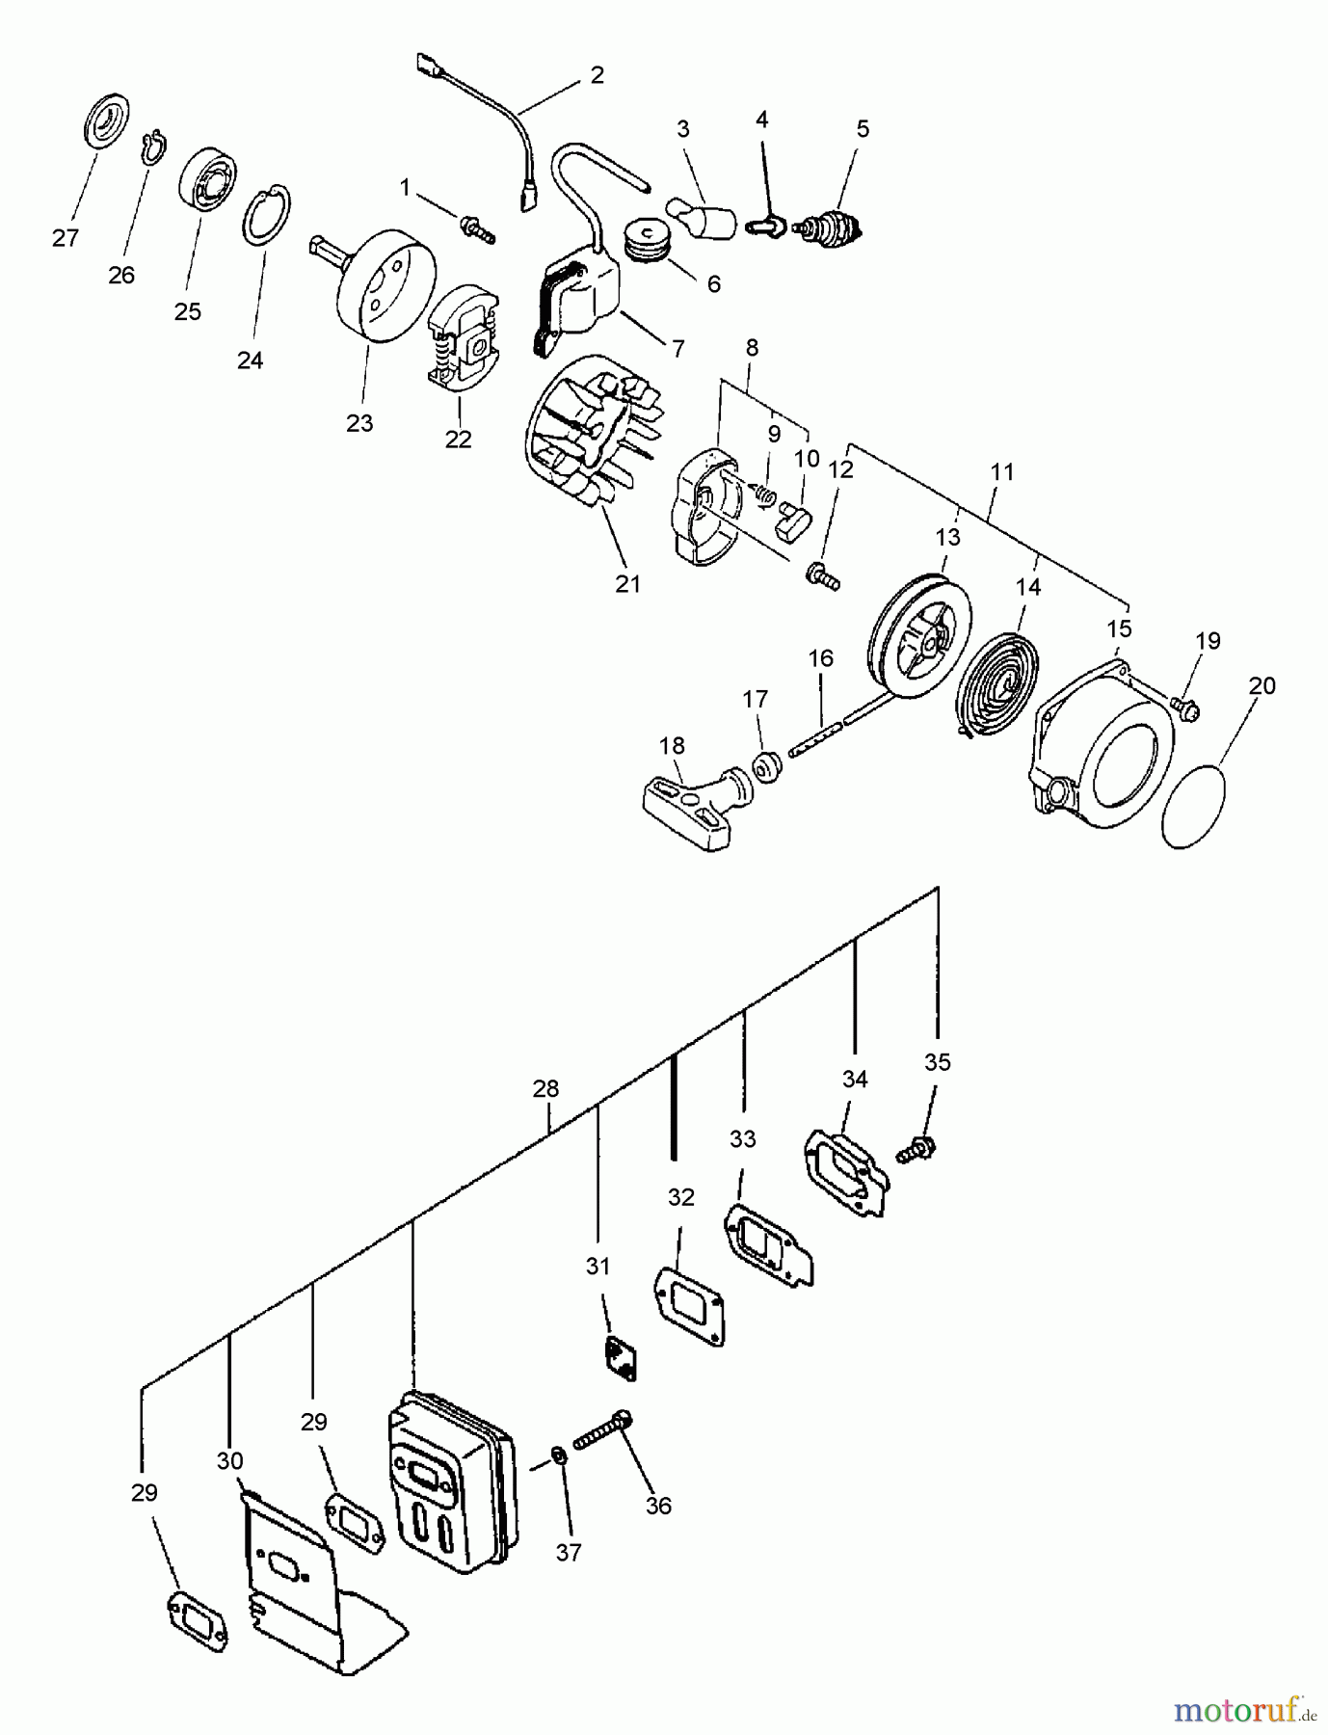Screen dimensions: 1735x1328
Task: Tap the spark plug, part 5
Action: (x=828, y=229)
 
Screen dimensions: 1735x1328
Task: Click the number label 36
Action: (x=658, y=1505)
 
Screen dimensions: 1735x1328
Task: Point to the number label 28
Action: (x=545, y=1088)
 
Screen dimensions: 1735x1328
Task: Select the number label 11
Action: (x=1002, y=471)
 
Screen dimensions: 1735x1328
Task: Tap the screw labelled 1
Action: (x=478, y=228)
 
